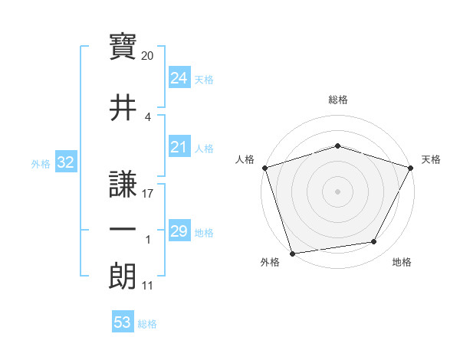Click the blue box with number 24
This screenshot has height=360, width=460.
click(x=179, y=78)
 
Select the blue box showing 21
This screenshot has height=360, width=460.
click(x=179, y=147)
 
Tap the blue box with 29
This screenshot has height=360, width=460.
click(x=179, y=231)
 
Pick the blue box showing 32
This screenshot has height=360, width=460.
click(x=65, y=162)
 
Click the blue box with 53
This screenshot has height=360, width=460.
click(x=123, y=322)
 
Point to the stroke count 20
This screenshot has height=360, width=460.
click(x=148, y=55)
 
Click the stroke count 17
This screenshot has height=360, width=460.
click(x=148, y=194)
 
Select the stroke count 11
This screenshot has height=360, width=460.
click(x=148, y=286)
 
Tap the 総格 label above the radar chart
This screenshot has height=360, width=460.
click(x=338, y=100)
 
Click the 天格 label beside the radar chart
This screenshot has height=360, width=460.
click(x=432, y=159)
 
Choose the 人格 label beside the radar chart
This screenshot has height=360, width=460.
click(x=245, y=159)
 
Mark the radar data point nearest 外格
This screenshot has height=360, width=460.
click(x=292, y=253)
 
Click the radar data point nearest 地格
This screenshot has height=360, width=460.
click(x=374, y=242)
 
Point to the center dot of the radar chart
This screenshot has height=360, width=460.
click(x=337, y=191)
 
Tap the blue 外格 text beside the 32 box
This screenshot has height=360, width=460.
click(x=41, y=163)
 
